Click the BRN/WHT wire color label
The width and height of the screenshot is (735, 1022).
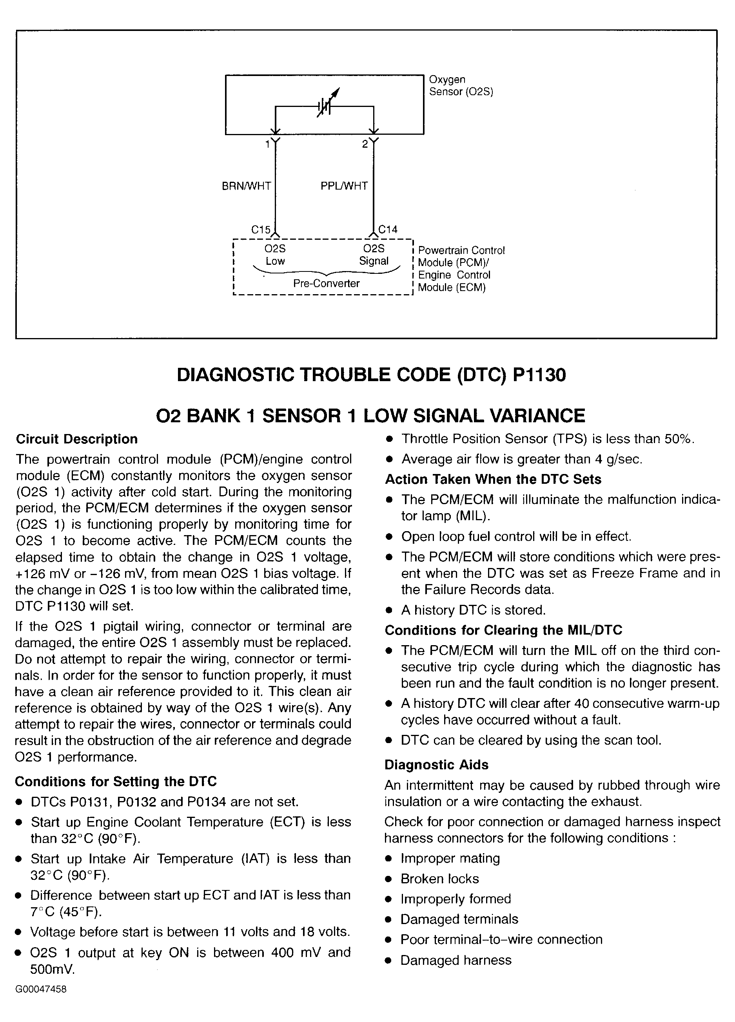[x=246, y=186]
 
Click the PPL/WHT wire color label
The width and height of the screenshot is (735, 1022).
[x=344, y=186]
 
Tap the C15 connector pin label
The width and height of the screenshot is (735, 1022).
[x=261, y=230]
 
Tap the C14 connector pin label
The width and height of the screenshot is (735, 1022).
[x=388, y=230]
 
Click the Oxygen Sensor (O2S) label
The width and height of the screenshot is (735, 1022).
[x=460, y=86]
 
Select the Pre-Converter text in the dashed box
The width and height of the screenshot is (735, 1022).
[x=326, y=284]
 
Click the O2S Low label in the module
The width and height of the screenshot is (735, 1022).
[x=275, y=255]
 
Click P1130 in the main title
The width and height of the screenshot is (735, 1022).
[x=539, y=375]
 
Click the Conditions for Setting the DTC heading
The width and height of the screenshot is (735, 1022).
[x=115, y=781]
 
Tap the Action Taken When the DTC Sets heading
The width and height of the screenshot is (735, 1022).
[x=493, y=479]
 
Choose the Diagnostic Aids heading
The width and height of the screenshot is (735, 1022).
[x=436, y=765]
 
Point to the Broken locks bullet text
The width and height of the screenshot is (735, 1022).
[x=440, y=879]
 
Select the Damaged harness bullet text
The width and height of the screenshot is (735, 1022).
[x=456, y=960]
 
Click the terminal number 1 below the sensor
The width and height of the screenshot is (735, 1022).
[x=267, y=144]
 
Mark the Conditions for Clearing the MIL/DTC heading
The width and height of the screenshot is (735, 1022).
[x=503, y=630]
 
